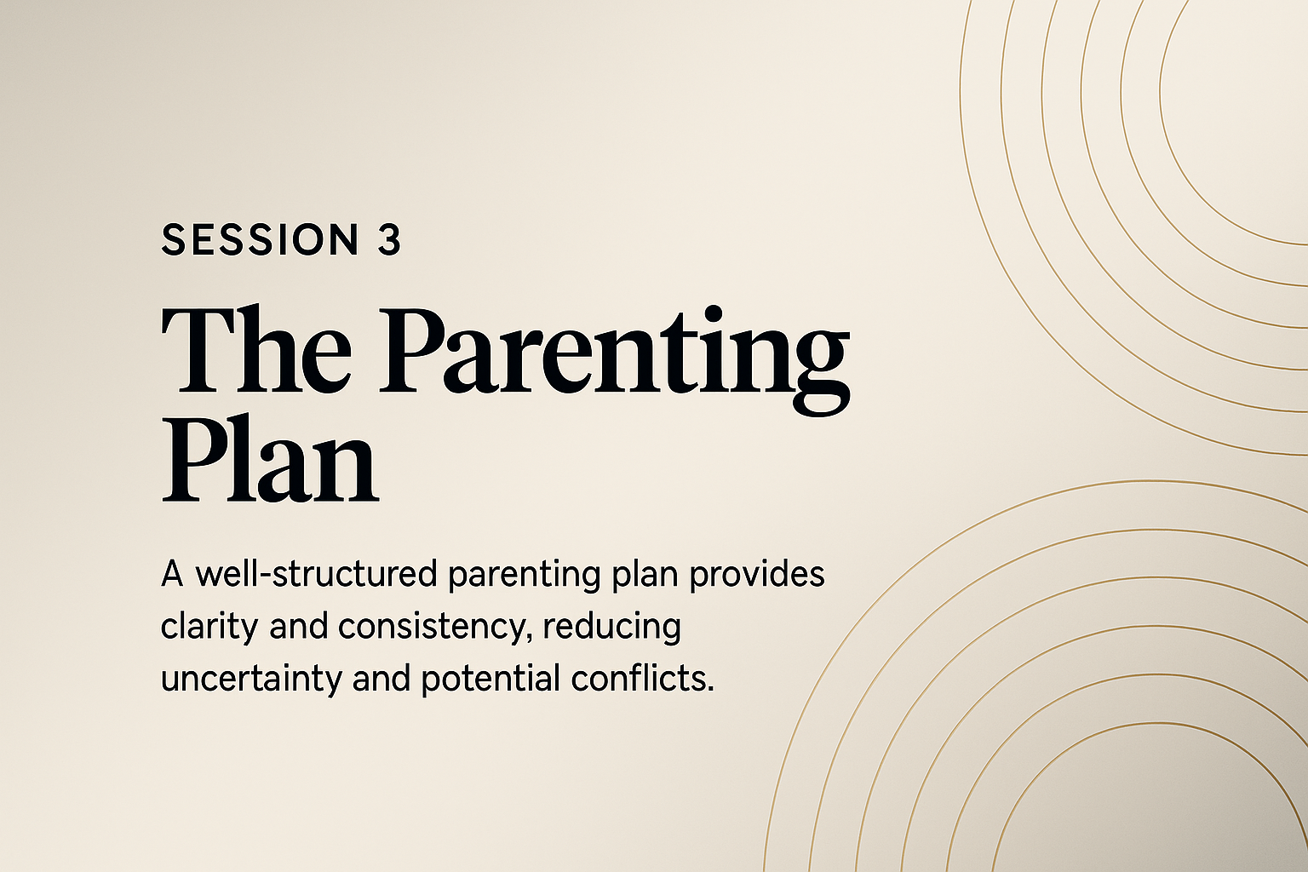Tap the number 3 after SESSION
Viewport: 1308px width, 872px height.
[389, 239]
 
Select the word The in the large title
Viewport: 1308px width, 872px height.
[256, 351]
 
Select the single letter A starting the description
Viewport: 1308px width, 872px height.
[172, 574]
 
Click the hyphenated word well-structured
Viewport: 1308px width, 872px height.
[316, 573]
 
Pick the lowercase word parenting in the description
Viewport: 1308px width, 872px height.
[525, 577]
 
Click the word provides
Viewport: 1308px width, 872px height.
[757, 573]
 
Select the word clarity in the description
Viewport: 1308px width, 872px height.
[209, 628]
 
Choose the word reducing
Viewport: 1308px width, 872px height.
[612, 628]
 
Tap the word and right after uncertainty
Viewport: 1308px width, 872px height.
[381, 678]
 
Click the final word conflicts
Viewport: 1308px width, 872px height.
[642, 678]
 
